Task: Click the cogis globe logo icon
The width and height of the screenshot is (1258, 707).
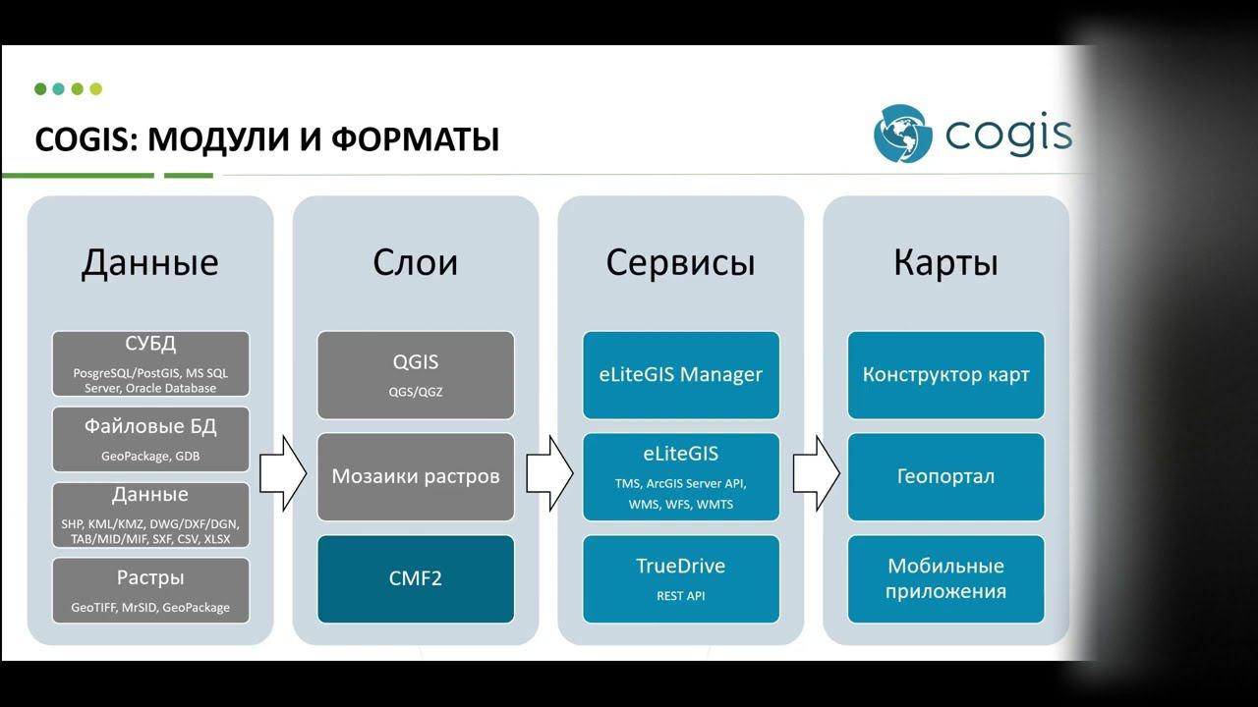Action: click(x=901, y=133)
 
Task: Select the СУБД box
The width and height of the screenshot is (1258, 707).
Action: click(x=150, y=363)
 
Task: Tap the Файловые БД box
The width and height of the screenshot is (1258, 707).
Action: click(x=150, y=439)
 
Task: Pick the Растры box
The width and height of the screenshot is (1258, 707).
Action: click(x=150, y=591)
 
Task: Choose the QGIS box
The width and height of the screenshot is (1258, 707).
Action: click(x=416, y=374)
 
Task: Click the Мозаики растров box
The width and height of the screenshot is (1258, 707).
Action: click(x=416, y=476)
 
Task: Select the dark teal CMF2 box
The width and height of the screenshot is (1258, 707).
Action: click(x=416, y=578)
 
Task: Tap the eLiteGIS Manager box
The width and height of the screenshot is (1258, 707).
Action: click(x=681, y=374)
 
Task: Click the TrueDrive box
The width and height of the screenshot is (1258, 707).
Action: click(x=681, y=578)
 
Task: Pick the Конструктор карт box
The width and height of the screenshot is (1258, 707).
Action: click(x=945, y=374)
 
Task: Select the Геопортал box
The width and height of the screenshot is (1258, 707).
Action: click(x=945, y=476)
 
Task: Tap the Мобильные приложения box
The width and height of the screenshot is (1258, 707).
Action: click(x=945, y=578)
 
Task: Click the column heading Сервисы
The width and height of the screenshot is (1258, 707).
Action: click(x=680, y=262)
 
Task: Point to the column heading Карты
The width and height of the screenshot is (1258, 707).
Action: click(x=945, y=262)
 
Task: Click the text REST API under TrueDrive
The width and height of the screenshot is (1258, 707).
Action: click(x=681, y=595)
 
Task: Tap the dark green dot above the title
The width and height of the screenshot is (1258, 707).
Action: click(x=40, y=89)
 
